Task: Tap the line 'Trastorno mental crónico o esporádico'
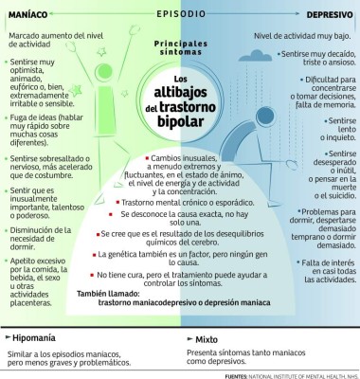pyautogui.click(x=195, y=203)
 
